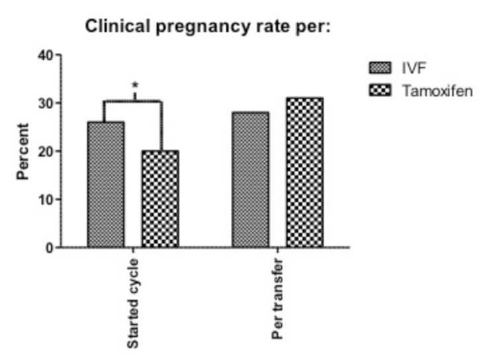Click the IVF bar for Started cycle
coord(106,185)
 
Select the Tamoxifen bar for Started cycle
coord(160,199)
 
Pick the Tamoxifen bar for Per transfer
coord(304,173)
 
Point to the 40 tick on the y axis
coord(45,55)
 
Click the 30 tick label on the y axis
coord(45,103)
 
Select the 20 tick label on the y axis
coord(45,152)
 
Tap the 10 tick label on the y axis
coord(45,199)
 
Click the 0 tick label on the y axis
coord(48,247)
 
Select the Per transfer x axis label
coord(278,300)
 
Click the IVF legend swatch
coord(380,67)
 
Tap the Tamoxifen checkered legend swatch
coord(380,91)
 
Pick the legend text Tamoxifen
coord(437,91)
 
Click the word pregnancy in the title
coord(183,28)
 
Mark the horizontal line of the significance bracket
coord(133,101)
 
